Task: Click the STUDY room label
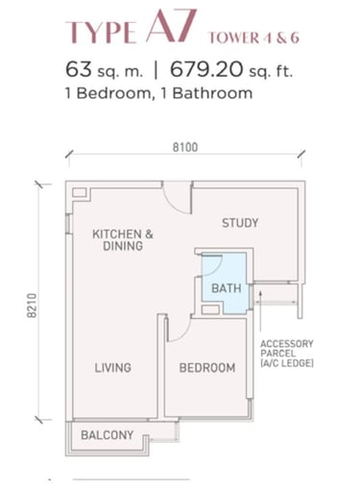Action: point(240,223)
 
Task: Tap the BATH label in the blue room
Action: point(227,288)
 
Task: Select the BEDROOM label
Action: point(207,368)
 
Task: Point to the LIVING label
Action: point(112,367)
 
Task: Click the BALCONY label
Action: point(107,435)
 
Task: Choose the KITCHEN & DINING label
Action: point(123,240)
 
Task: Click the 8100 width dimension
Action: point(185,147)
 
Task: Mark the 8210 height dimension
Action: point(32,306)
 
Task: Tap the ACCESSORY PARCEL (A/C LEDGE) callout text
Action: point(287,354)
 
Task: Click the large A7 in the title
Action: point(171,26)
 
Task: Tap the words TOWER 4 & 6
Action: point(253,37)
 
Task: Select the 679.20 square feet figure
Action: point(206,69)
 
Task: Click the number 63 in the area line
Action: point(79,69)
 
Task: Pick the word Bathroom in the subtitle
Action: point(212,93)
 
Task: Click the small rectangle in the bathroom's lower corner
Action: point(210,309)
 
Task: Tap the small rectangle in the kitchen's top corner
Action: point(80,192)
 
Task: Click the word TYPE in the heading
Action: point(101,33)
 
